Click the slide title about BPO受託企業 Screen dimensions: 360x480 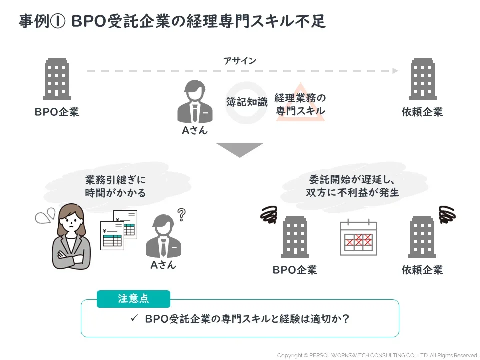[172, 22]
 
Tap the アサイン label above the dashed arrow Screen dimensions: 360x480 [240, 61]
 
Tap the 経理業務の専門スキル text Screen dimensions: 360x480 [300, 104]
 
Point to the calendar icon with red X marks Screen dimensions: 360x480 [358, 237]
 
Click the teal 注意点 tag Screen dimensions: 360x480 [133, 299]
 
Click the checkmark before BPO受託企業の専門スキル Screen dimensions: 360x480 [133, 318]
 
